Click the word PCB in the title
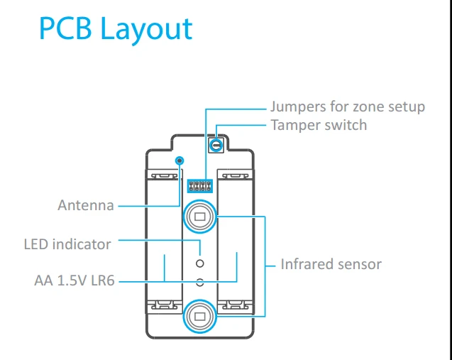[x=65, y=28]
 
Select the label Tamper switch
[x=319, y=125]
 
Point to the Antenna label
[x=86, y=206]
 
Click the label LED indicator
[x=67, y=244]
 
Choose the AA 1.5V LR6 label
[x=75, y=280]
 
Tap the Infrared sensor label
[x=331, y=264]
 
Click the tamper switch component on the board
[x=216, y=145]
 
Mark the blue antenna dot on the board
[x=180, y=160]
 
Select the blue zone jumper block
[x=200, y=186]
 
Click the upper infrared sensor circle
[x=200, y=217]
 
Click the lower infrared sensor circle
[x=200, y=317]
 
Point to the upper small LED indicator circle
[x=200, y=263]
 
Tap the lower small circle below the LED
[x=200, y=282]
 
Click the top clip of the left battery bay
[x=165, y=175]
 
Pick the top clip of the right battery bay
[x=236, y=175]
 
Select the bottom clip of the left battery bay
[x=165, y=305]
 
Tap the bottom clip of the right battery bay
[x=236, y=305]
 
